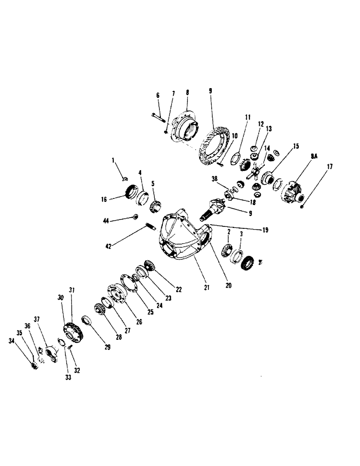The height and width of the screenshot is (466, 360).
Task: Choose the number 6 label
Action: coord(158,95)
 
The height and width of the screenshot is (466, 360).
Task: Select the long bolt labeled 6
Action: coord(158,116)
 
